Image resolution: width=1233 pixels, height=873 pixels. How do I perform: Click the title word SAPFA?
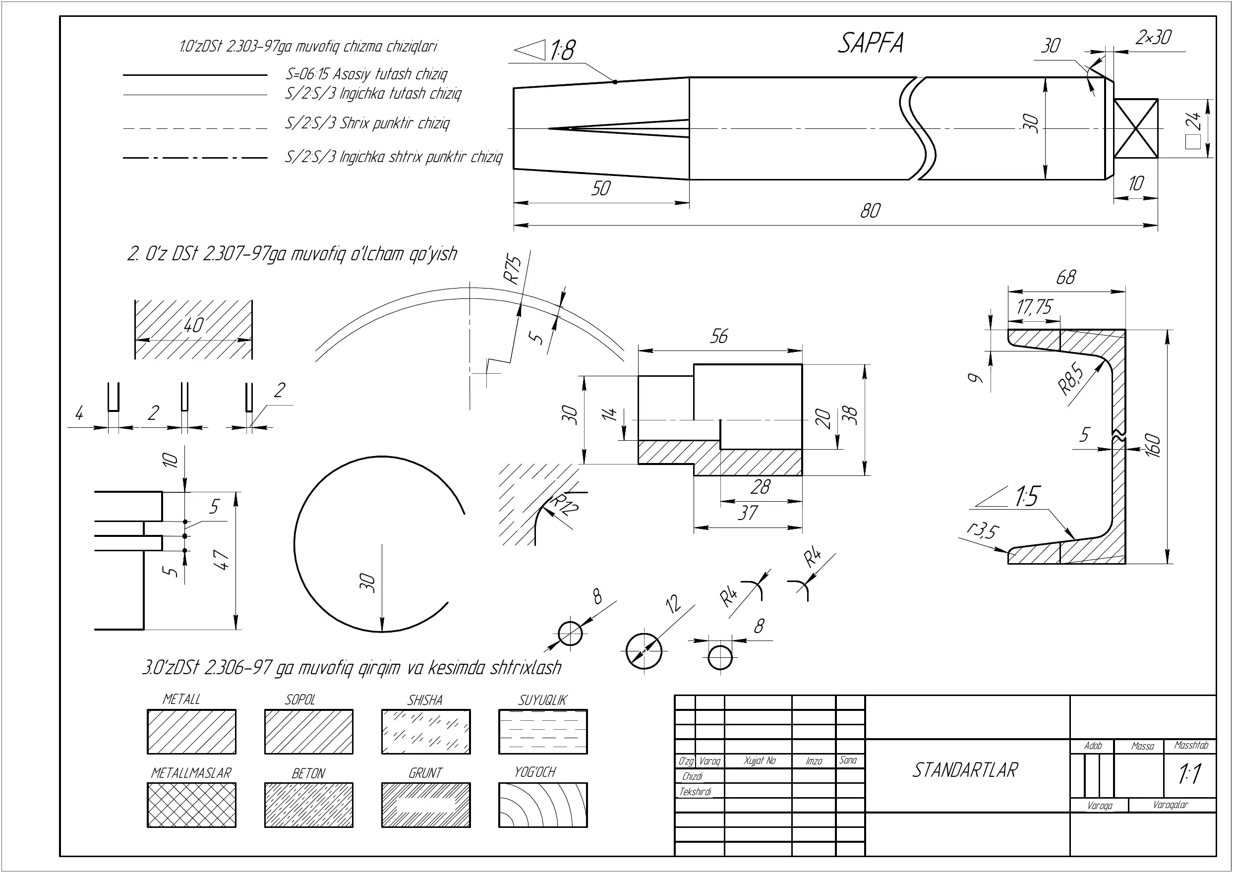coord(871,43)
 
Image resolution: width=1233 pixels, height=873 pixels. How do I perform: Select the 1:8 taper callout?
coord(545,50)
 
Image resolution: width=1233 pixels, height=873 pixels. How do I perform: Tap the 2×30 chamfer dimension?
coord(1154,37)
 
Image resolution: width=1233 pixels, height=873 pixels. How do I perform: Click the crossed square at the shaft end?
coord(1136,128)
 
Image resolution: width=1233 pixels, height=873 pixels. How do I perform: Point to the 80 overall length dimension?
coord(870,211)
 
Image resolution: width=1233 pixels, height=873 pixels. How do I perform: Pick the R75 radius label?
coord(513,269)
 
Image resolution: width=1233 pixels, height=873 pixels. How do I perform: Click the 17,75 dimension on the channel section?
coord(1034,307)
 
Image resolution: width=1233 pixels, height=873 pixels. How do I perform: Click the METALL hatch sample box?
coord(191,732)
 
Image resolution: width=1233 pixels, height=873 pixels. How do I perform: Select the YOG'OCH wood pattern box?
coord(543,805)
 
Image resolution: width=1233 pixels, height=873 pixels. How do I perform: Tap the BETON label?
coord(308,773)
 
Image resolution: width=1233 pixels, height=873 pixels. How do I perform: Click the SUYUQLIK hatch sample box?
coord(543,732)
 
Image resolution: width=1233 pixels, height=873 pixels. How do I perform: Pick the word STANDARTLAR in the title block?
coord(965,770)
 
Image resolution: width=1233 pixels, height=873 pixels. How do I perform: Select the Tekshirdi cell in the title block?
coord(696,791)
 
